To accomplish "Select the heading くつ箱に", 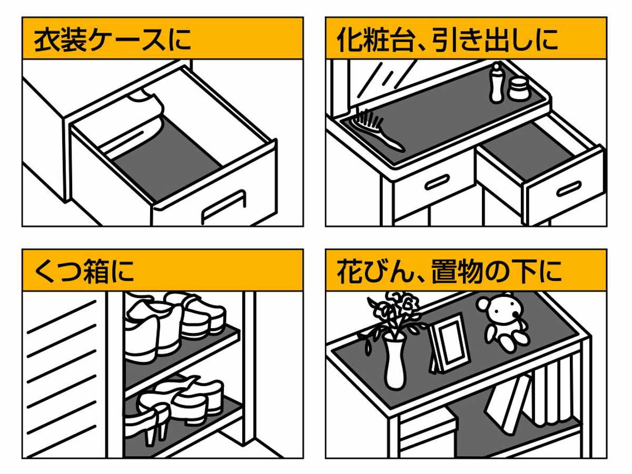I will (84, 271).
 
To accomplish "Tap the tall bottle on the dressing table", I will (496, 83).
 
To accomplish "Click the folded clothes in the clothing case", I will (142, 121).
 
